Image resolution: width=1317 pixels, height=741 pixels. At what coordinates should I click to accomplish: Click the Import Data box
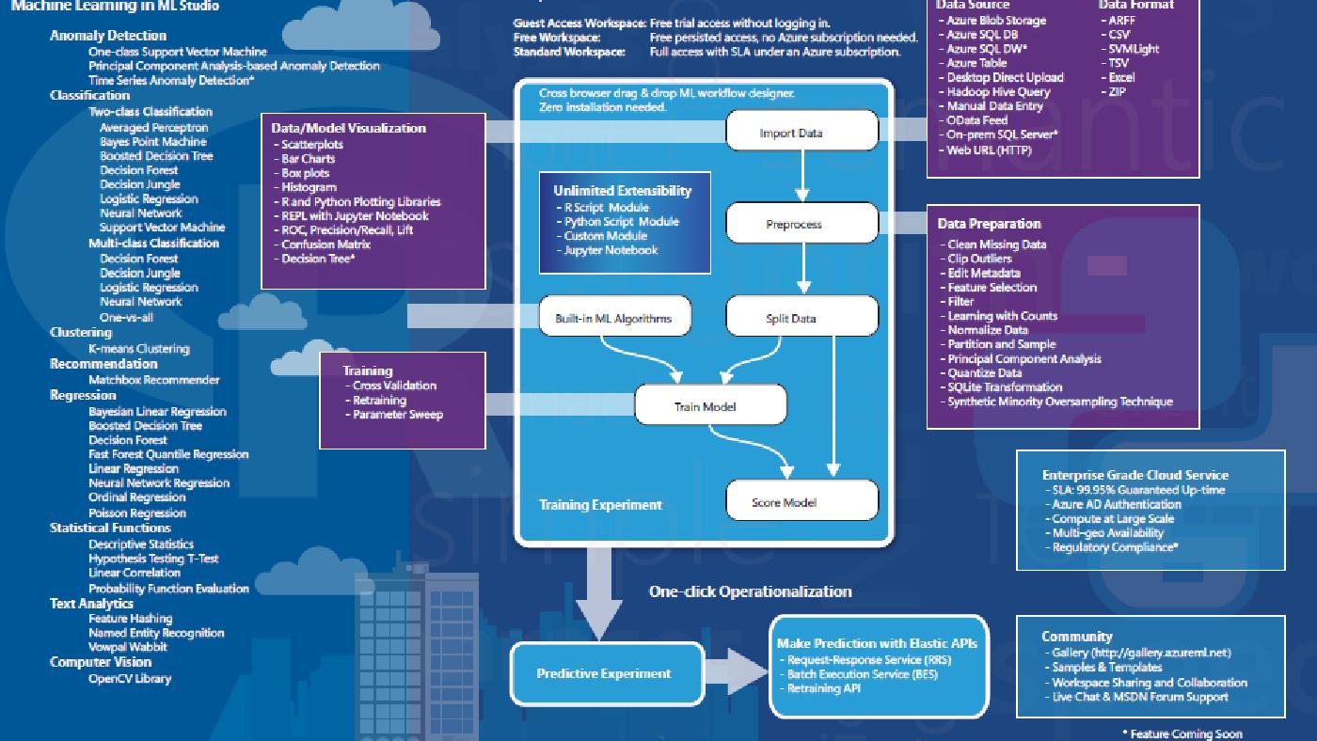[x=801, y=131]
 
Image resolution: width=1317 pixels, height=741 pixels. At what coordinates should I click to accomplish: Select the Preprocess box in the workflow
[x=801, y=224]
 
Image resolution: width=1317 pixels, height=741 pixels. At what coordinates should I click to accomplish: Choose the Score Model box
[x=801, y=501]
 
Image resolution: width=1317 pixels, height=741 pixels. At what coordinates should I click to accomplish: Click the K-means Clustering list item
[x=138, y=349]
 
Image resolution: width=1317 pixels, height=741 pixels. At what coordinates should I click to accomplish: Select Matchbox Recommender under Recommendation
[x=153, y=380]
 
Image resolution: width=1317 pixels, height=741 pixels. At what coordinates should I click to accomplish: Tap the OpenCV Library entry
[x=130, y=678]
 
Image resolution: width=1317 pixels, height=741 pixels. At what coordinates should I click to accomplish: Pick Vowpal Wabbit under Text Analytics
[x=128, y=647]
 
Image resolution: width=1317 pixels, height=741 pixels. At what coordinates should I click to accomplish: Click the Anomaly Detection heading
[x=108, y=36]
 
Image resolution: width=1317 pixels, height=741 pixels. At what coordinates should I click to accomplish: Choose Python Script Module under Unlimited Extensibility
[x=621, y=222]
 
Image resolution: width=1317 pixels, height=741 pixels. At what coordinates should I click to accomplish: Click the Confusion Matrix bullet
[x=325, y=244]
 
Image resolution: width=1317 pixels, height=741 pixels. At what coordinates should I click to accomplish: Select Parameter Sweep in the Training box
[x=397, y=415]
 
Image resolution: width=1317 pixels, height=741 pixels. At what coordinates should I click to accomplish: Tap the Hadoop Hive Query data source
[x=998, y=92]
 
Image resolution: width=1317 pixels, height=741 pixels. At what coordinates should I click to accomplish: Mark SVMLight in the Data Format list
[x=1134, y=49]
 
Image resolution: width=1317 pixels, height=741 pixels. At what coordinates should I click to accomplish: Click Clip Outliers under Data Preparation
[x=979, y=259]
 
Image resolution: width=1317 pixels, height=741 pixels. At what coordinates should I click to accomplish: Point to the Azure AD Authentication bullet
[x=1116, y=504]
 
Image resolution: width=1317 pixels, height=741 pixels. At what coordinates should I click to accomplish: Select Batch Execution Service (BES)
[x=862, y=674]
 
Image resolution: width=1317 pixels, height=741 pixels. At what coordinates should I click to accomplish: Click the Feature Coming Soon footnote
[x=1185, y=733]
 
